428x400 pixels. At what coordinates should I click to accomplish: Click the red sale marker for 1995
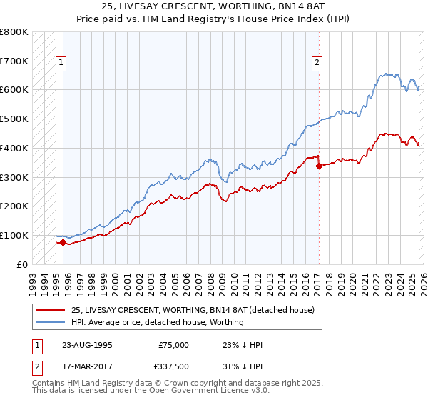pos(63,242)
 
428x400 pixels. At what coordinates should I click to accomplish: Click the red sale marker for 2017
pos(319,166)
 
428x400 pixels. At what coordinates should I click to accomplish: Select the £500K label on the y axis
pos(14,119)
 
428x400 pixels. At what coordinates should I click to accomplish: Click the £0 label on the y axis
pos(21,264)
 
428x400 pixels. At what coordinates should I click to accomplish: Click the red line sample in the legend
pos(51,310)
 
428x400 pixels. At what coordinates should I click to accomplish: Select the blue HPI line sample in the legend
pos(51,322)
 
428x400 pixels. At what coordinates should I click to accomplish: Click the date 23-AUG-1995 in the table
pos(87,345)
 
